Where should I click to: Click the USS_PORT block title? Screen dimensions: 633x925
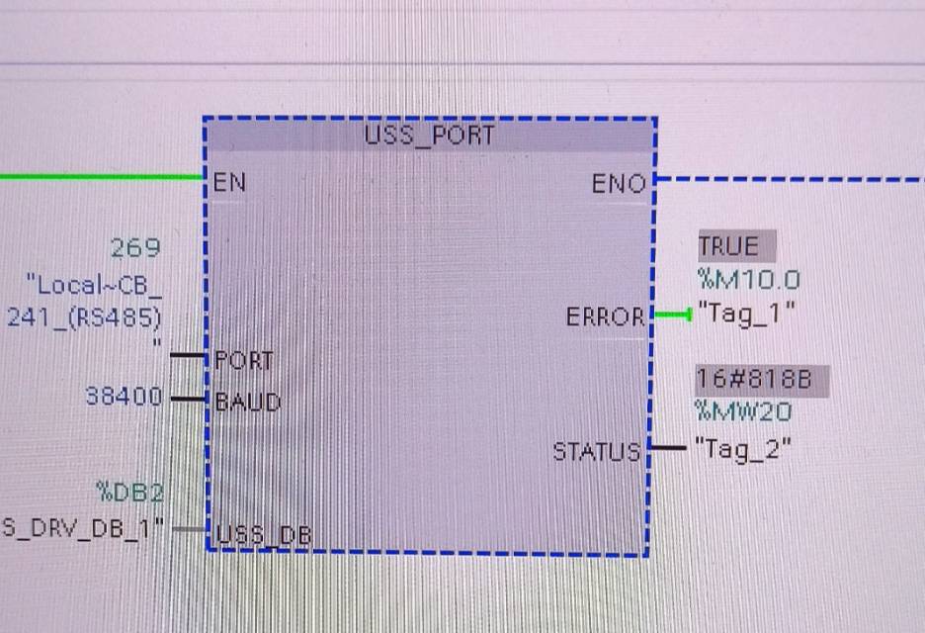tap(428, 136)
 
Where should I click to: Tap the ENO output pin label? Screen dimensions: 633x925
tap(619, 184)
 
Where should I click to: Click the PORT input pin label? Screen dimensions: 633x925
tap(243, 360)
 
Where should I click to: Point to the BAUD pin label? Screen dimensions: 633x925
tap(247, 402)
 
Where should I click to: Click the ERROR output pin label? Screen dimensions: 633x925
tap(606, 318)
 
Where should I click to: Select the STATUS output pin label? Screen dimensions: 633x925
tap(596, 452)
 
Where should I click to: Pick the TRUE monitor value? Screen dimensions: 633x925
tap(728, 246)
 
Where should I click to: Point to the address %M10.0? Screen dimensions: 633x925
tap(748, 280)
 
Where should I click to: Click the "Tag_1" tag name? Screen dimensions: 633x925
tap(746, 314)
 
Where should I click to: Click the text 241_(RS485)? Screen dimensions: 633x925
tap(84, 317)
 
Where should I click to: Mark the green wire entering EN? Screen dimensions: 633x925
tap(99, 178)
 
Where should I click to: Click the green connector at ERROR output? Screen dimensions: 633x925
tap(672, 316)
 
